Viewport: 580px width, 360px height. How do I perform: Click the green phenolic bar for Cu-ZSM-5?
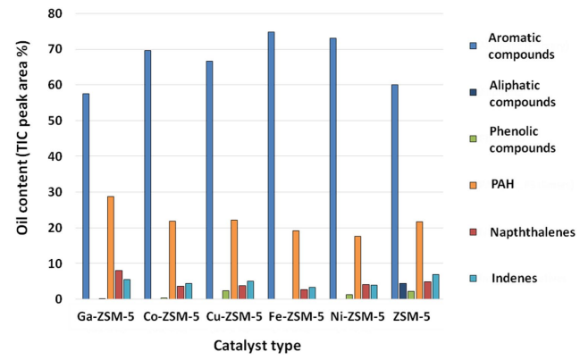point(226,295)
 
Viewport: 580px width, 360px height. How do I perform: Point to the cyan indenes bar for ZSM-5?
point(435,287)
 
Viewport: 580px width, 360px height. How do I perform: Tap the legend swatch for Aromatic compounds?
point(474,43)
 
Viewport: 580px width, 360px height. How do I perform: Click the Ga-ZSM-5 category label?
point(107,315)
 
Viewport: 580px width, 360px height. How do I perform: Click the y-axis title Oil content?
point(20,156)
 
